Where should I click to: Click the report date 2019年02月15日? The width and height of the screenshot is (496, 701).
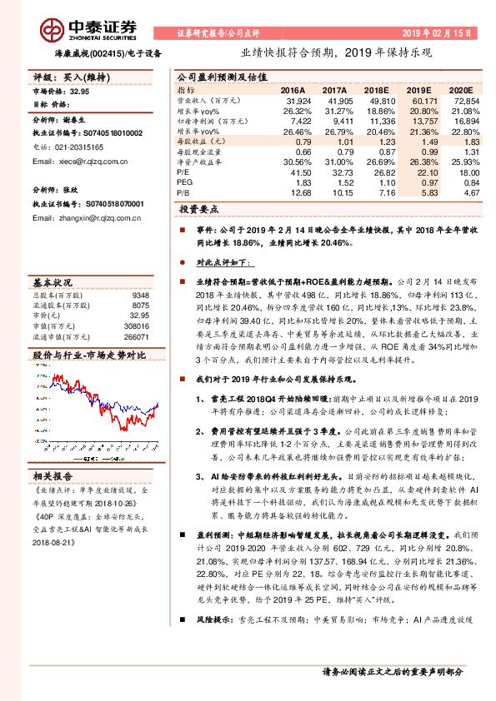pyautogui.click(x=441, y=33)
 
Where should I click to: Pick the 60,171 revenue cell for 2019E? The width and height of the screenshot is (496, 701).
pyautogui.click(x=424, y=99)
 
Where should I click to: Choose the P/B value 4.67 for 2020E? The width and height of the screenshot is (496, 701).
pyautogui.click(x=471, y=191)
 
